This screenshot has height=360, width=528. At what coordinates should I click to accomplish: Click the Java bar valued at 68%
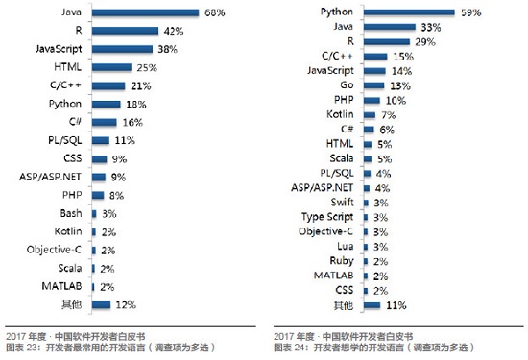145,12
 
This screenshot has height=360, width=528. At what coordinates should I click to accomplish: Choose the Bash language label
70,212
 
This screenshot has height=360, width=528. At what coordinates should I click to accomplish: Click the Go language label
346,85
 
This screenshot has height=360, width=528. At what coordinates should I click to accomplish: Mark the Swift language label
342,203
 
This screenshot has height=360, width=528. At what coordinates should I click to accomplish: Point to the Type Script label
330,217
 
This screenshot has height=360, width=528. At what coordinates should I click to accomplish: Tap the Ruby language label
342,260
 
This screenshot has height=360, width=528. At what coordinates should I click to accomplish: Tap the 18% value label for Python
134,104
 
